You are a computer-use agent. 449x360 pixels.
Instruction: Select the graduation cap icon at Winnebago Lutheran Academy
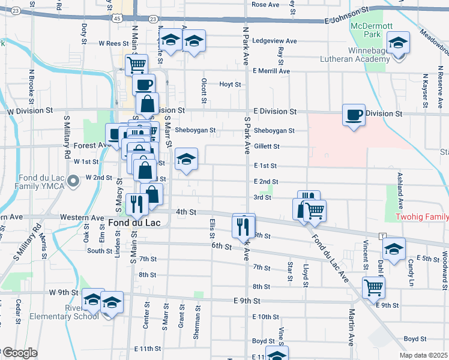pos(397,43)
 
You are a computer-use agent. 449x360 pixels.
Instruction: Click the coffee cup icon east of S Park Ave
pos(354,114)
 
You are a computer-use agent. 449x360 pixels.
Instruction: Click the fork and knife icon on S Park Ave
pos(244,226)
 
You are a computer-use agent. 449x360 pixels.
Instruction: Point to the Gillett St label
pos(267,146)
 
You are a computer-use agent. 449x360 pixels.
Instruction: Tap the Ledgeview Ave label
pos(275,41)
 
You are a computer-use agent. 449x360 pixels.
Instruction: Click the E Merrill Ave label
pos(271,71)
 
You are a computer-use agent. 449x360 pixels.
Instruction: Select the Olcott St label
pos(205,89)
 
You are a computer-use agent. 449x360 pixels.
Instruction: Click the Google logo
pos(19,353)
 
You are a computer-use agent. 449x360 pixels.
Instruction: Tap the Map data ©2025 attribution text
pos(423,355)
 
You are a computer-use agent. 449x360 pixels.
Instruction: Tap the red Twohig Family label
pos(421,217)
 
